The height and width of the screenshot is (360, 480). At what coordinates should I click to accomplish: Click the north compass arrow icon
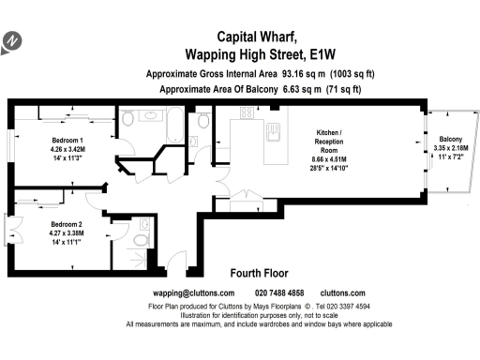click(x=12, y=41)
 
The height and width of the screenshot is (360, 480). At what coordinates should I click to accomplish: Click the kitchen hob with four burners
click(x=247, y=114)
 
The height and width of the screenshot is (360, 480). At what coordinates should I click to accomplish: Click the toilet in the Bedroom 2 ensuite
click(x=141, y=241)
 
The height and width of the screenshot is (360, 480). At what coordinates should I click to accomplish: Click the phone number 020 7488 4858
click(x=278, y=293)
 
